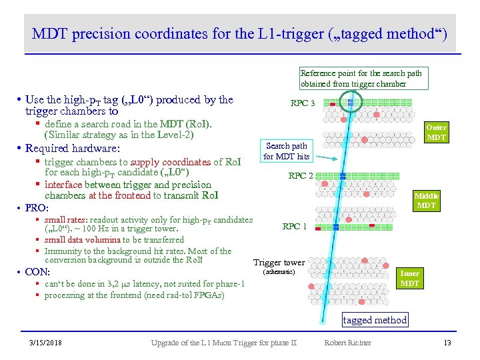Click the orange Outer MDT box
(x=436, y=132)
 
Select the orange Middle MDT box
(x=426, y=201)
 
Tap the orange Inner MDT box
(x=409, y=278)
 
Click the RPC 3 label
(x=303, y=103)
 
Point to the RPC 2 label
(x=301, y=176)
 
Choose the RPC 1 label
(x=295, y=227)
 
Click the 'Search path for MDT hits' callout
(x=286, y=151)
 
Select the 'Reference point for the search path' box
(x=361, y=79)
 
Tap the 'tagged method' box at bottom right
(x=375, y=320)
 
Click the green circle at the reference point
(x=349, y=101)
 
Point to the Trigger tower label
(x=279, y=263)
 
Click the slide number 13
(x=447, y=343)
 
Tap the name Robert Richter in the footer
(x=347, y=343)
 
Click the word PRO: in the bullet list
(x=32, y=209)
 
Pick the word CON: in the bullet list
(x=33, y=272)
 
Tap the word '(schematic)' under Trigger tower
(x=279, y=272)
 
